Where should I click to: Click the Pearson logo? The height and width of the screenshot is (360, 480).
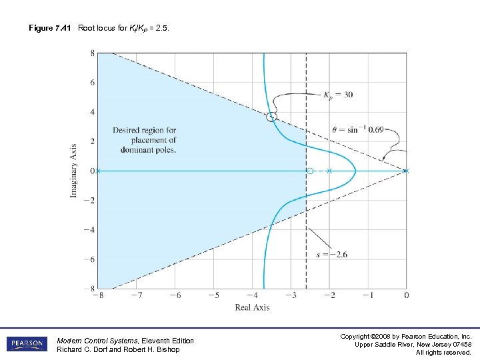(x=27, y=344)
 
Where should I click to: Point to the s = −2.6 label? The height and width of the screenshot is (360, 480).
(x=331, y=254)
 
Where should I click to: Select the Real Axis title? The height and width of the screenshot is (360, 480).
(x=252, y=307)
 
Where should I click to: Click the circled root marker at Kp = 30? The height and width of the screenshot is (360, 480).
(x=271, y=117)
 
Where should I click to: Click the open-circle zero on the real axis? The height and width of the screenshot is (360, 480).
(x=310, y=171)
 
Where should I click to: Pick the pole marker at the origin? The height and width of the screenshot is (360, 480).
(x=406, y=171)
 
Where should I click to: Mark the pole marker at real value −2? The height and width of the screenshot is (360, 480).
(x=329, y=171)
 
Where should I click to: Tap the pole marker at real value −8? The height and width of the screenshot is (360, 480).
(x=97, y=171)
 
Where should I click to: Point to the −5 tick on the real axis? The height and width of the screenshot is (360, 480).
(x=213, y=295)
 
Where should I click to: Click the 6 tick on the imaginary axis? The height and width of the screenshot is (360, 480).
(x=93, y=83)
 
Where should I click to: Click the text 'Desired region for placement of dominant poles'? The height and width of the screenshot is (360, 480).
(x=144, y=140)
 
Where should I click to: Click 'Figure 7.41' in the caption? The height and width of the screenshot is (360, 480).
(x=49, y=27)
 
